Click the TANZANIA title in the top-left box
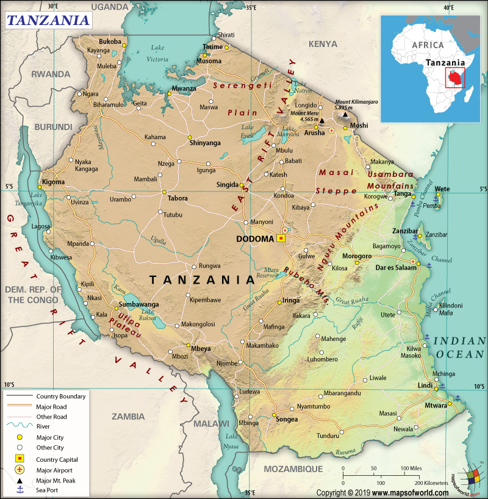[48, 20]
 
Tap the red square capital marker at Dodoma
[281, 239]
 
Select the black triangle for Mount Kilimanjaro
[346, 114]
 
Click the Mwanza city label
[184, 88]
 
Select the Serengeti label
[242, 86]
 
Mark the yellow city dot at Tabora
[164, 192]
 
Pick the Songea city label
[287, 419]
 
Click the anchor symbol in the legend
[20, 489]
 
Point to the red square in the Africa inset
[454, 77]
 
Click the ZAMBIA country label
[128, 417]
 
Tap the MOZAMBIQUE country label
[292, 468]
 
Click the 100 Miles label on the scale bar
[412, 468]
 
